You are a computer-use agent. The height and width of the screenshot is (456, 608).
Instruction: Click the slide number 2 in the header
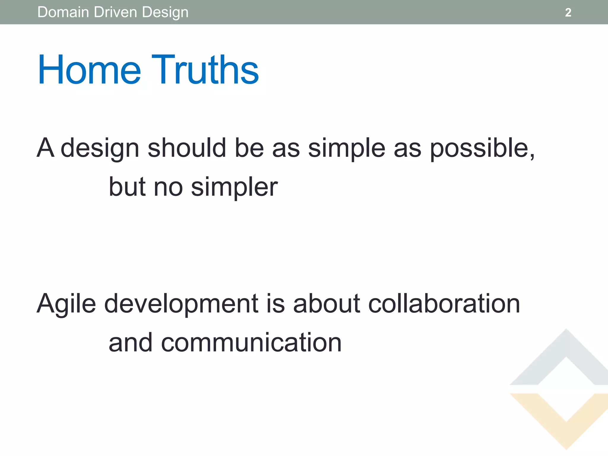coord(568,12)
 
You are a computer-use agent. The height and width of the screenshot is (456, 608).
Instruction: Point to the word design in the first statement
coord(100,148)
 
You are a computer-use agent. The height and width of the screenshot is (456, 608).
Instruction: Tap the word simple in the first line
coord(346,148)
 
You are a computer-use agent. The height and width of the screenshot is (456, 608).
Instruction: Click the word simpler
coord(234,188)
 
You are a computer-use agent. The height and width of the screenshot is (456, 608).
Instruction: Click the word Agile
coord(66,304)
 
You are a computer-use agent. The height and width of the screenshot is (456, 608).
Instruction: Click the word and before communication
coord(131,343)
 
